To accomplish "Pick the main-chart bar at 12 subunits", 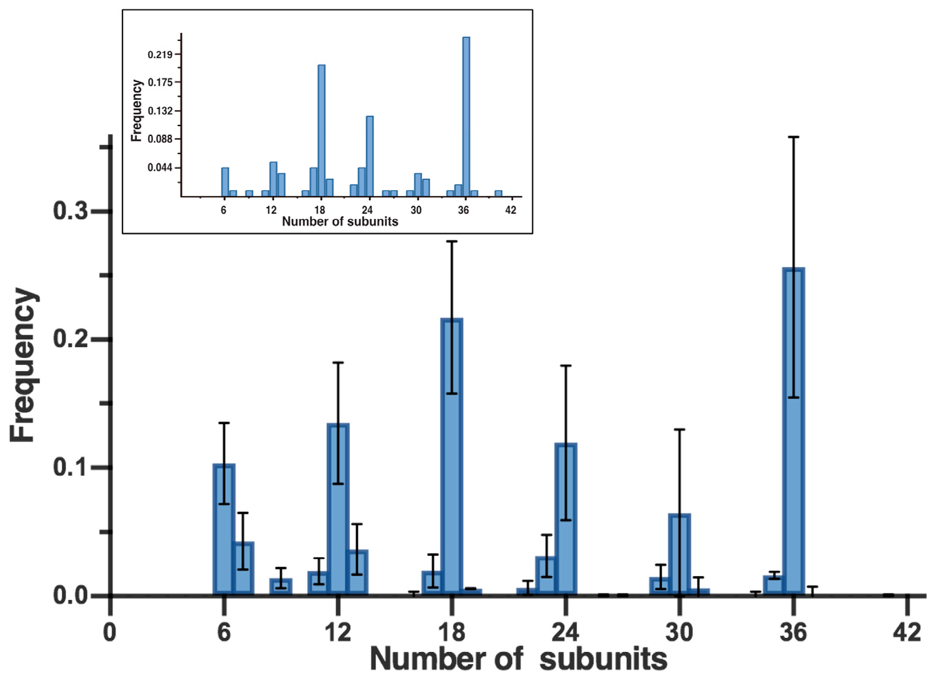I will coord(338,509).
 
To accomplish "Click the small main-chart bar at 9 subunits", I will coord(281,586).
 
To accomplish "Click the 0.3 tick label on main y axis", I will coord(71,211).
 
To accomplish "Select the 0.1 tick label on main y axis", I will coord(71,467).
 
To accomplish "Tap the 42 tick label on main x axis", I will coord(907,632).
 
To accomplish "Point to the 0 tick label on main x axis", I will coord(110,632).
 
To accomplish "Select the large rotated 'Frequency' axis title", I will coord(23,365).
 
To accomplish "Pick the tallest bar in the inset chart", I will coord(466,116).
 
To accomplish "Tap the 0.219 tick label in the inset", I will coord(160,54).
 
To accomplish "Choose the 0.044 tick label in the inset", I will coord(160,167).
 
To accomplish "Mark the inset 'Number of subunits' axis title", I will coord(340,222).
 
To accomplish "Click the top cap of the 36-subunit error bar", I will coord(794,137).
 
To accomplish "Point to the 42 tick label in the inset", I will coord(511,210).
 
